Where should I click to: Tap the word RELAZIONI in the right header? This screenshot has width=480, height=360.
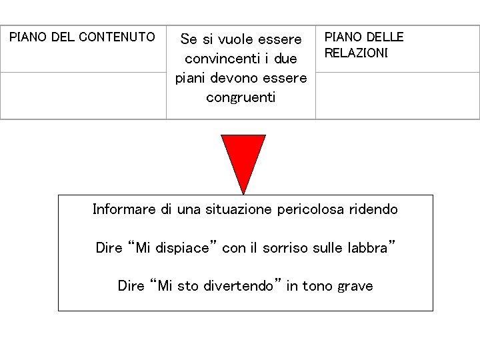point(356,53)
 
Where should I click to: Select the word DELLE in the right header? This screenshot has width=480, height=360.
point(385,37)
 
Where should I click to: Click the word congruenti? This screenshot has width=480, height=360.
point(241,97)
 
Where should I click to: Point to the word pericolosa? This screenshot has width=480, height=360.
point(313,209)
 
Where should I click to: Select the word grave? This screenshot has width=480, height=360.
point(355,287)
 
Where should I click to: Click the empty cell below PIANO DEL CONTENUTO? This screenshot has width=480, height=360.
point(83,95)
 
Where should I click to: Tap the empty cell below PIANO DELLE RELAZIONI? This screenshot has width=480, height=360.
point(397,95)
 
